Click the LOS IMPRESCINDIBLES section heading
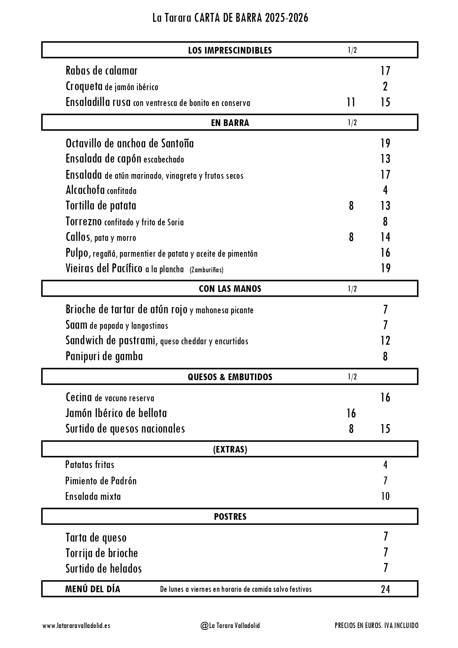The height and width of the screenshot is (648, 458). click(230, 50)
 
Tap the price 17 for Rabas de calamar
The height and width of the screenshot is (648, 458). click(385, 71)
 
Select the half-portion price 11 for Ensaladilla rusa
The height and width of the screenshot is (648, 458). click(351, 102)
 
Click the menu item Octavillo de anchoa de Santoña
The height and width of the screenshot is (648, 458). click(130, 143)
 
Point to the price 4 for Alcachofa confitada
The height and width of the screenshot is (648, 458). click(385, 190)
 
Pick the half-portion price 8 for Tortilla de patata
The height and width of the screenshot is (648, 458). click(351, 206)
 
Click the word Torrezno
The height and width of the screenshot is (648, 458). click(83, 222)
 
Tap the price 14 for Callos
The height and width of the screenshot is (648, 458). click(385, 237)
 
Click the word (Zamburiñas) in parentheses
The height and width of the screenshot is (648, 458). click(206, 270)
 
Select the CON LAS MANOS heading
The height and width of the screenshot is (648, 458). click(230, 289)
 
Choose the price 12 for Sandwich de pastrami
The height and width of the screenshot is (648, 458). click(385, 341)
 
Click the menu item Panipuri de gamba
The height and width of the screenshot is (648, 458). click(104, 357)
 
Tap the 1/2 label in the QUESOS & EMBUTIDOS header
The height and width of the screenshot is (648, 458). click(352, 377)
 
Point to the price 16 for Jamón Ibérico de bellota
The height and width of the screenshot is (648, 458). click(351, 413)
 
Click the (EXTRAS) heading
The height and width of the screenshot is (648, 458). click(230, 449)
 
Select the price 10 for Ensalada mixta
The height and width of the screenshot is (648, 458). click(385, 496)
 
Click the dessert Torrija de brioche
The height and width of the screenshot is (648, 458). click(102, 553)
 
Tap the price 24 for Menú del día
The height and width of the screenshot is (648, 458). click(385, 589)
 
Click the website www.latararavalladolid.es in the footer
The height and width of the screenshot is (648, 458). click(76, 626)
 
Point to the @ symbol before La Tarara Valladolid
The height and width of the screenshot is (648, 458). click(204, 626)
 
